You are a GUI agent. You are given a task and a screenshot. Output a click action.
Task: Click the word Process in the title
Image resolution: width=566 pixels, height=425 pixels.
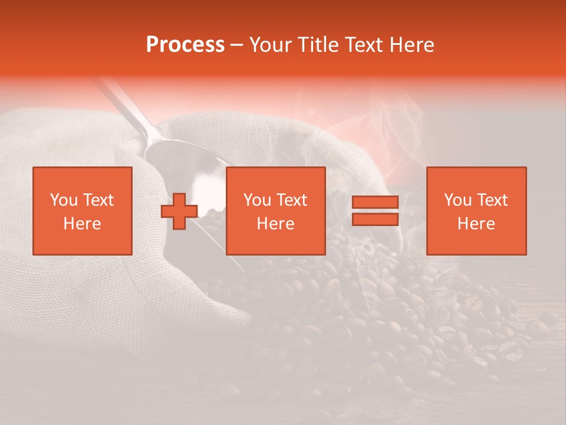click(x=185, y=45)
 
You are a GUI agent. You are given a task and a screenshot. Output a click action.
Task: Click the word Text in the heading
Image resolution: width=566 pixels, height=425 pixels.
click(x=363, y=45)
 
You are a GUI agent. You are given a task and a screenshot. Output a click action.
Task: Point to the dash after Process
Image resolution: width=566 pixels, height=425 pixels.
click(x=237, y=45)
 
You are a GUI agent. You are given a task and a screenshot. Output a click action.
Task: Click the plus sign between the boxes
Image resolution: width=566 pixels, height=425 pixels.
click(x=179, y=211)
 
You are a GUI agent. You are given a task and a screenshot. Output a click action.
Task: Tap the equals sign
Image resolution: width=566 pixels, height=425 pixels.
click(x=375, y=211)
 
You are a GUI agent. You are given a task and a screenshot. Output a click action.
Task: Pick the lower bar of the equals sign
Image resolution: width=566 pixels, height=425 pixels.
click(x=375, y=220)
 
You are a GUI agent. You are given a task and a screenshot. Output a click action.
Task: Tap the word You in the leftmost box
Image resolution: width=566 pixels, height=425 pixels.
click(x=63, y=200)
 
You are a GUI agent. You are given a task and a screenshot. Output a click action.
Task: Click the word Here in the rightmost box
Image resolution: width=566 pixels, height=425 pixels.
click(x=476, y=224)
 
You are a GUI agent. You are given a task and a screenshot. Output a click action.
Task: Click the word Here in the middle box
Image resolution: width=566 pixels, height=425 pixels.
click(x=275, y=224)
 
